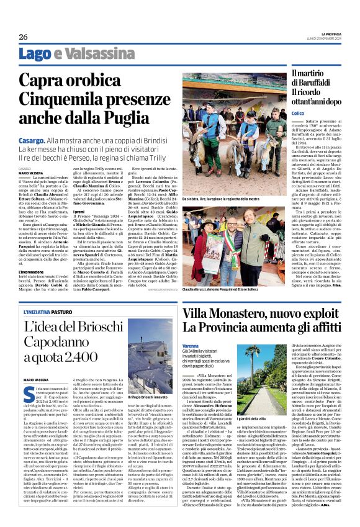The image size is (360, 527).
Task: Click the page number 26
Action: [x=22, y=37]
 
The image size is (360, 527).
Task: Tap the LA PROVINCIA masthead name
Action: [x=322, y=34]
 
